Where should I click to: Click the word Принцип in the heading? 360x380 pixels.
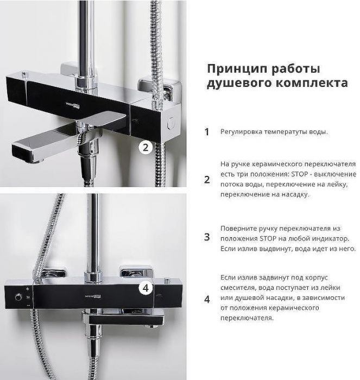pos(237,69)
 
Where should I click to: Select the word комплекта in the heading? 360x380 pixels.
pos(312,83)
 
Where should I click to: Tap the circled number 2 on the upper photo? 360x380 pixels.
pos(146,147)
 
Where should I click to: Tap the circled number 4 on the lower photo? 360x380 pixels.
pos(146,288)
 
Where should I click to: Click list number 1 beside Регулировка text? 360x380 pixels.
pos(206,132)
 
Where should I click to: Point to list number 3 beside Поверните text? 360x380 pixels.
pos(207,237)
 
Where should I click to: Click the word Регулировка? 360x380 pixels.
pos(241,132)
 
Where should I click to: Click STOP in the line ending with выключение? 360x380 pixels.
pos(300,174)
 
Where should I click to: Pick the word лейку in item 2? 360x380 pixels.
pos(338,185)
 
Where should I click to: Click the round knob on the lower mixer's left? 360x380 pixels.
pos(18,297)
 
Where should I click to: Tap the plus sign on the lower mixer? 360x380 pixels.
pos(27,289)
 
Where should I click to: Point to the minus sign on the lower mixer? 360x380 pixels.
pos(28,306)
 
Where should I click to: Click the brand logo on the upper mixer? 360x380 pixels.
pos(73,105)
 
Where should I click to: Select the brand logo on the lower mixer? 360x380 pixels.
pos(93,296)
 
